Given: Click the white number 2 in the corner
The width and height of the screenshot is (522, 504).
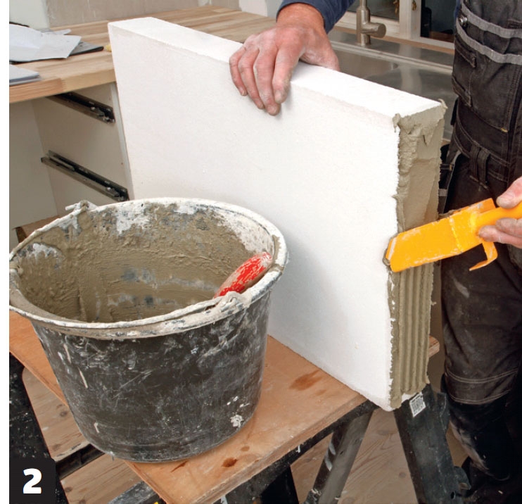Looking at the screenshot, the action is point(32,481).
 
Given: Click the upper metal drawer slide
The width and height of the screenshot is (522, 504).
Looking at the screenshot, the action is point(82,106).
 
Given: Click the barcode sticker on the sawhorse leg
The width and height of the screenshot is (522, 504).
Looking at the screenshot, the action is point(418,404).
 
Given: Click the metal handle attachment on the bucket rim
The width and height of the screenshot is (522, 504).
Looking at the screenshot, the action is point(230,304).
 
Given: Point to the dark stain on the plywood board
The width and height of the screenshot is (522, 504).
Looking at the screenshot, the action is point(305,380).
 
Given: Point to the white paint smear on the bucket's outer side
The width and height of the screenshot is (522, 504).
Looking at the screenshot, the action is point(237,420).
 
